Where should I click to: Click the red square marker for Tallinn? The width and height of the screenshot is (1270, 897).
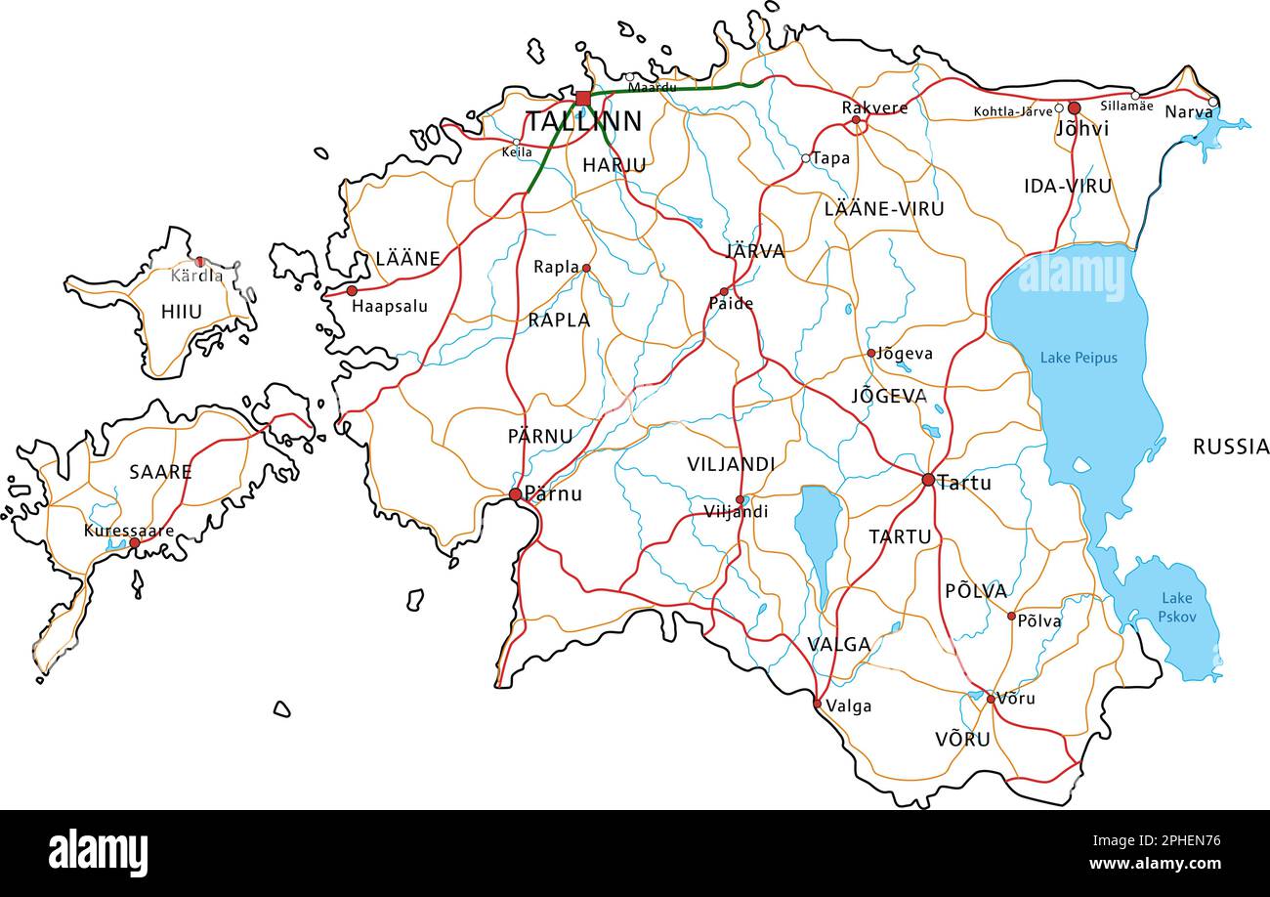583,98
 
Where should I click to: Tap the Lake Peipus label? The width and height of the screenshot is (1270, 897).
1079,358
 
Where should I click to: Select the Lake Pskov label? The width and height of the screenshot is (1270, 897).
1176,607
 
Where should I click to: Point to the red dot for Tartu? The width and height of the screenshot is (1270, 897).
928,480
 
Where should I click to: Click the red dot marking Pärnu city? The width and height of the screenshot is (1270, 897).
515,494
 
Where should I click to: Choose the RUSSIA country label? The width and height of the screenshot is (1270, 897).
1231,447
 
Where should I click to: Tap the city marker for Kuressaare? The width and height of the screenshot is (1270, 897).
134,542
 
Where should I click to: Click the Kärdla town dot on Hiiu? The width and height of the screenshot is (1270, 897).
200,262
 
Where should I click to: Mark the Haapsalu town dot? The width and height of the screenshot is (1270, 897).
352,290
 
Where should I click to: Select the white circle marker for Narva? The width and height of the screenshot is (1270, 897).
1212,102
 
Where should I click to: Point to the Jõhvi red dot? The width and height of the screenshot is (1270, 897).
1075,107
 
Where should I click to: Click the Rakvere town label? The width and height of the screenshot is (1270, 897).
874,107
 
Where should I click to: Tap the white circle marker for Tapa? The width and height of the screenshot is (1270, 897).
806,158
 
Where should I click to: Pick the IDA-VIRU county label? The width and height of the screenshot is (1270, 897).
1068,186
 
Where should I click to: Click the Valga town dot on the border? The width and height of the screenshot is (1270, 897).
818,703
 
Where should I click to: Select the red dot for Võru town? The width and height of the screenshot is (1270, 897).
990,699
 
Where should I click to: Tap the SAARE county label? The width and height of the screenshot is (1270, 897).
160,472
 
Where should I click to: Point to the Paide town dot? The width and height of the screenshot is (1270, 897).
724,291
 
